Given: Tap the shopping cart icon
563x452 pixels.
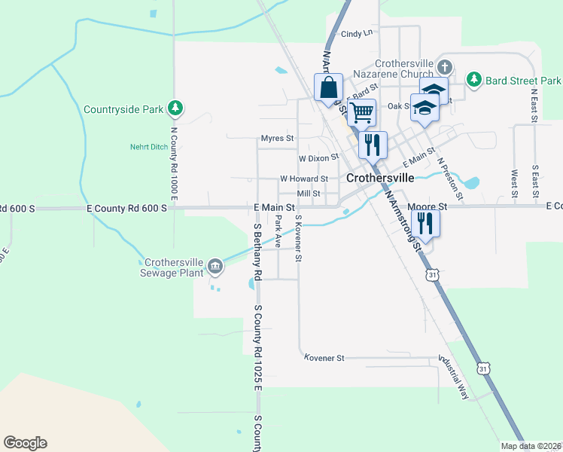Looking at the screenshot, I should pos(362,112).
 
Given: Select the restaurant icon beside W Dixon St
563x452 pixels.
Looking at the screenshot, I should pos(372,143).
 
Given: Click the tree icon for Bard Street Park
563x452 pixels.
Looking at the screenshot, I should pos(473,80).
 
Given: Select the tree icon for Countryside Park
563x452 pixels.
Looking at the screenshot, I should pos(175,109).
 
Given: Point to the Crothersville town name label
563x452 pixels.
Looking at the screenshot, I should pos(380,178).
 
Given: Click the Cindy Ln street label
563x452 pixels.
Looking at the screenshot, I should pos(357,34).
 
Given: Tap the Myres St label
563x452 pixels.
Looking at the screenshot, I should pos(277,139).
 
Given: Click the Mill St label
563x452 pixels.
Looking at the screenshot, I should pos(309,194).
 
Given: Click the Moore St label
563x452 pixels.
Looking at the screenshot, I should pos(427,206).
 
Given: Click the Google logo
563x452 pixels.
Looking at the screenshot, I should pos(25,443).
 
